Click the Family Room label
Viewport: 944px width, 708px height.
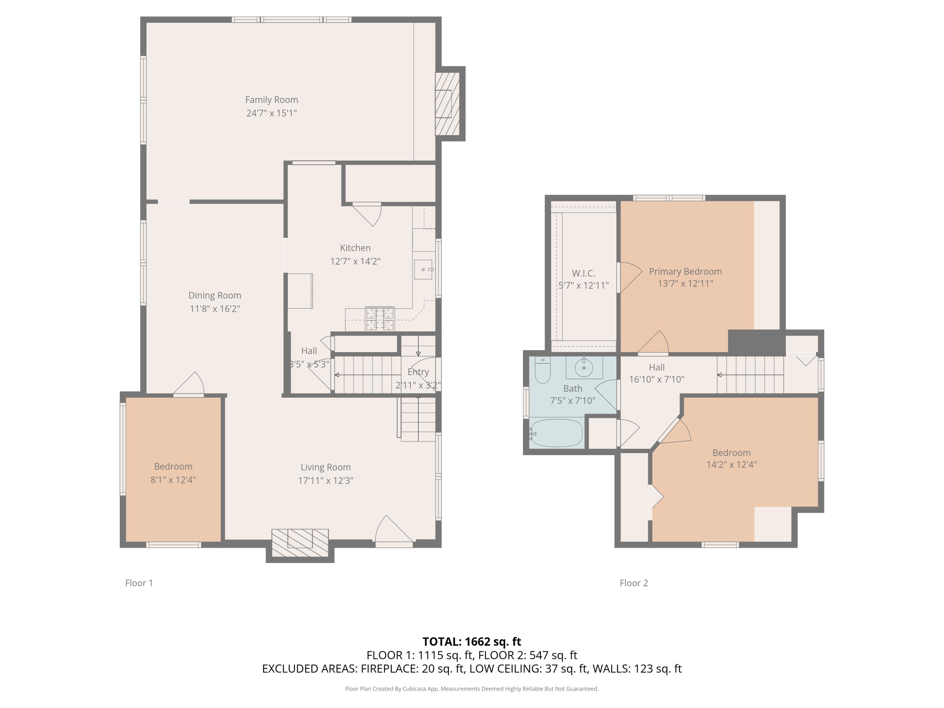click(x=272, y=100)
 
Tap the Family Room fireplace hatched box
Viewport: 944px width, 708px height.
click(x=447, y=104)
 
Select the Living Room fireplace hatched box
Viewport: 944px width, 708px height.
click(x=300, y=543)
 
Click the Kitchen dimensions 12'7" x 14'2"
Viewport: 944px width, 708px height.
click(x=355, y=261)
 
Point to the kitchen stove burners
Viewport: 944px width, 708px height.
click(x=380, y=318)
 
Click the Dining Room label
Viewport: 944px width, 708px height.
click(x=215, y=295)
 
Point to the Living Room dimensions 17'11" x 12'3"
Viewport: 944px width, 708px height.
click(x=326, y=480)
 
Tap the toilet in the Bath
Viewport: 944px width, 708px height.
click(x=542, y=370)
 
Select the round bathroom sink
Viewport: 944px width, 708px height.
click(x=584, y=368)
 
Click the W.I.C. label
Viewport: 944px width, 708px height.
click(x=583, y=273)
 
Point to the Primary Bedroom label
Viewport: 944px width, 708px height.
click(x=685, y=272)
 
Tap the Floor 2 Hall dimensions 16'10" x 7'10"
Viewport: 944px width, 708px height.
click(x=657, y=379)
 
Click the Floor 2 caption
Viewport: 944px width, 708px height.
click(x=634, y=583)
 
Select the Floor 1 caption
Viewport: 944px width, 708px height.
click(x=139, y=583)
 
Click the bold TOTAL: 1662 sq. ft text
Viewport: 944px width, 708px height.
click(x=472, y=641)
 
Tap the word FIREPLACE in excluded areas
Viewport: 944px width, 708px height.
click(x=389, y=668)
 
